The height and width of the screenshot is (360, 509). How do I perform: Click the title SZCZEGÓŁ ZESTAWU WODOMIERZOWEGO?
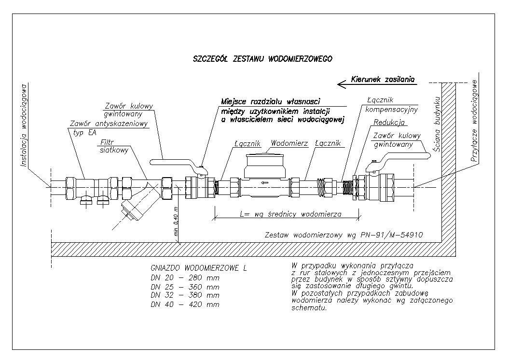[x=262, y=59]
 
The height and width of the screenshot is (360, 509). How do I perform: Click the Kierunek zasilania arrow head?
[x=342, y=84]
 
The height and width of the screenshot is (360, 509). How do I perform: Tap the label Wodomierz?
[x=289, y=143]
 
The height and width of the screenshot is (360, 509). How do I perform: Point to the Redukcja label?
[x=389, y=123]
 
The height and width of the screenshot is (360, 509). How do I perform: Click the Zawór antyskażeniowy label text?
[x=109, y=124]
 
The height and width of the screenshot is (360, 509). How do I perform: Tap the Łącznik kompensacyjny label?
[x=391, y=105]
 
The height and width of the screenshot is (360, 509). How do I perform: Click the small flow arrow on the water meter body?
[x=265, y=183]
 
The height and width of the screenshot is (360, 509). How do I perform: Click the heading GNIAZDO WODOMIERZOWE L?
[x=199, y=268]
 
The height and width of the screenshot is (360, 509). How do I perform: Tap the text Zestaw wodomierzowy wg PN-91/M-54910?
[x=344, y=235]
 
